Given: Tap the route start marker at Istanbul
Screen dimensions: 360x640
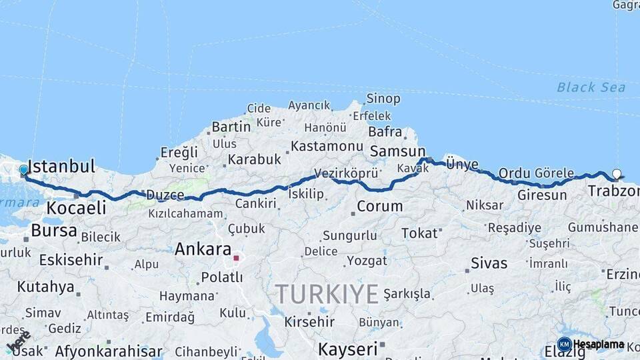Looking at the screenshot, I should point(24,170).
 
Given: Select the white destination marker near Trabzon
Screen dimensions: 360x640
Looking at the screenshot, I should point(617,175).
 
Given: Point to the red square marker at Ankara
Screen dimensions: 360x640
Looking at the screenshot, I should point(236,257).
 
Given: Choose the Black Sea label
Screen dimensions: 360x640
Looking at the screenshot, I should point(591,88).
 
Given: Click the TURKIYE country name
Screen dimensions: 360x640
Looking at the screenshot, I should point(327,294).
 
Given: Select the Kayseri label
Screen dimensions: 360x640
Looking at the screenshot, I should point(347,349).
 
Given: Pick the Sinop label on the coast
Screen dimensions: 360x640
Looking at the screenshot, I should point(383,99).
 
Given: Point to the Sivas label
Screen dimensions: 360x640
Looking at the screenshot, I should point(489,263).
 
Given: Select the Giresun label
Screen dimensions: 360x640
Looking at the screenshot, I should point(542,195).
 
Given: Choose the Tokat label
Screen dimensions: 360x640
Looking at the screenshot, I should point(419,233).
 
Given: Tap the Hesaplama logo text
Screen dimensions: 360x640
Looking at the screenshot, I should point(599,345).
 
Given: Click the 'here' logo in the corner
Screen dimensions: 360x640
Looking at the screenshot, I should point(19,341).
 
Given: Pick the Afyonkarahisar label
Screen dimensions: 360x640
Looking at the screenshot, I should point(109,351).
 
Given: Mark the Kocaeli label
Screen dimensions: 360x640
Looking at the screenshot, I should point(76,208).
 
